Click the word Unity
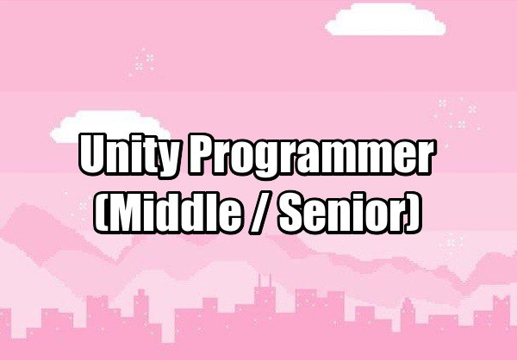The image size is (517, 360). [129, 155]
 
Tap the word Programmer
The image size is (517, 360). [310, 156]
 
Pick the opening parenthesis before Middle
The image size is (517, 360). [100, 213]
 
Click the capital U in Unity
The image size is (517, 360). [94, 153]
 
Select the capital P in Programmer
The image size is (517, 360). [202, 153]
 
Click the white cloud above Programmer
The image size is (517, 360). [385, 20]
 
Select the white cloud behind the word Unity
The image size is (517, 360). [110, 126]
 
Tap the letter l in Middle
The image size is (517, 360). [215, 212]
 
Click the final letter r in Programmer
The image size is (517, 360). [423, 159]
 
